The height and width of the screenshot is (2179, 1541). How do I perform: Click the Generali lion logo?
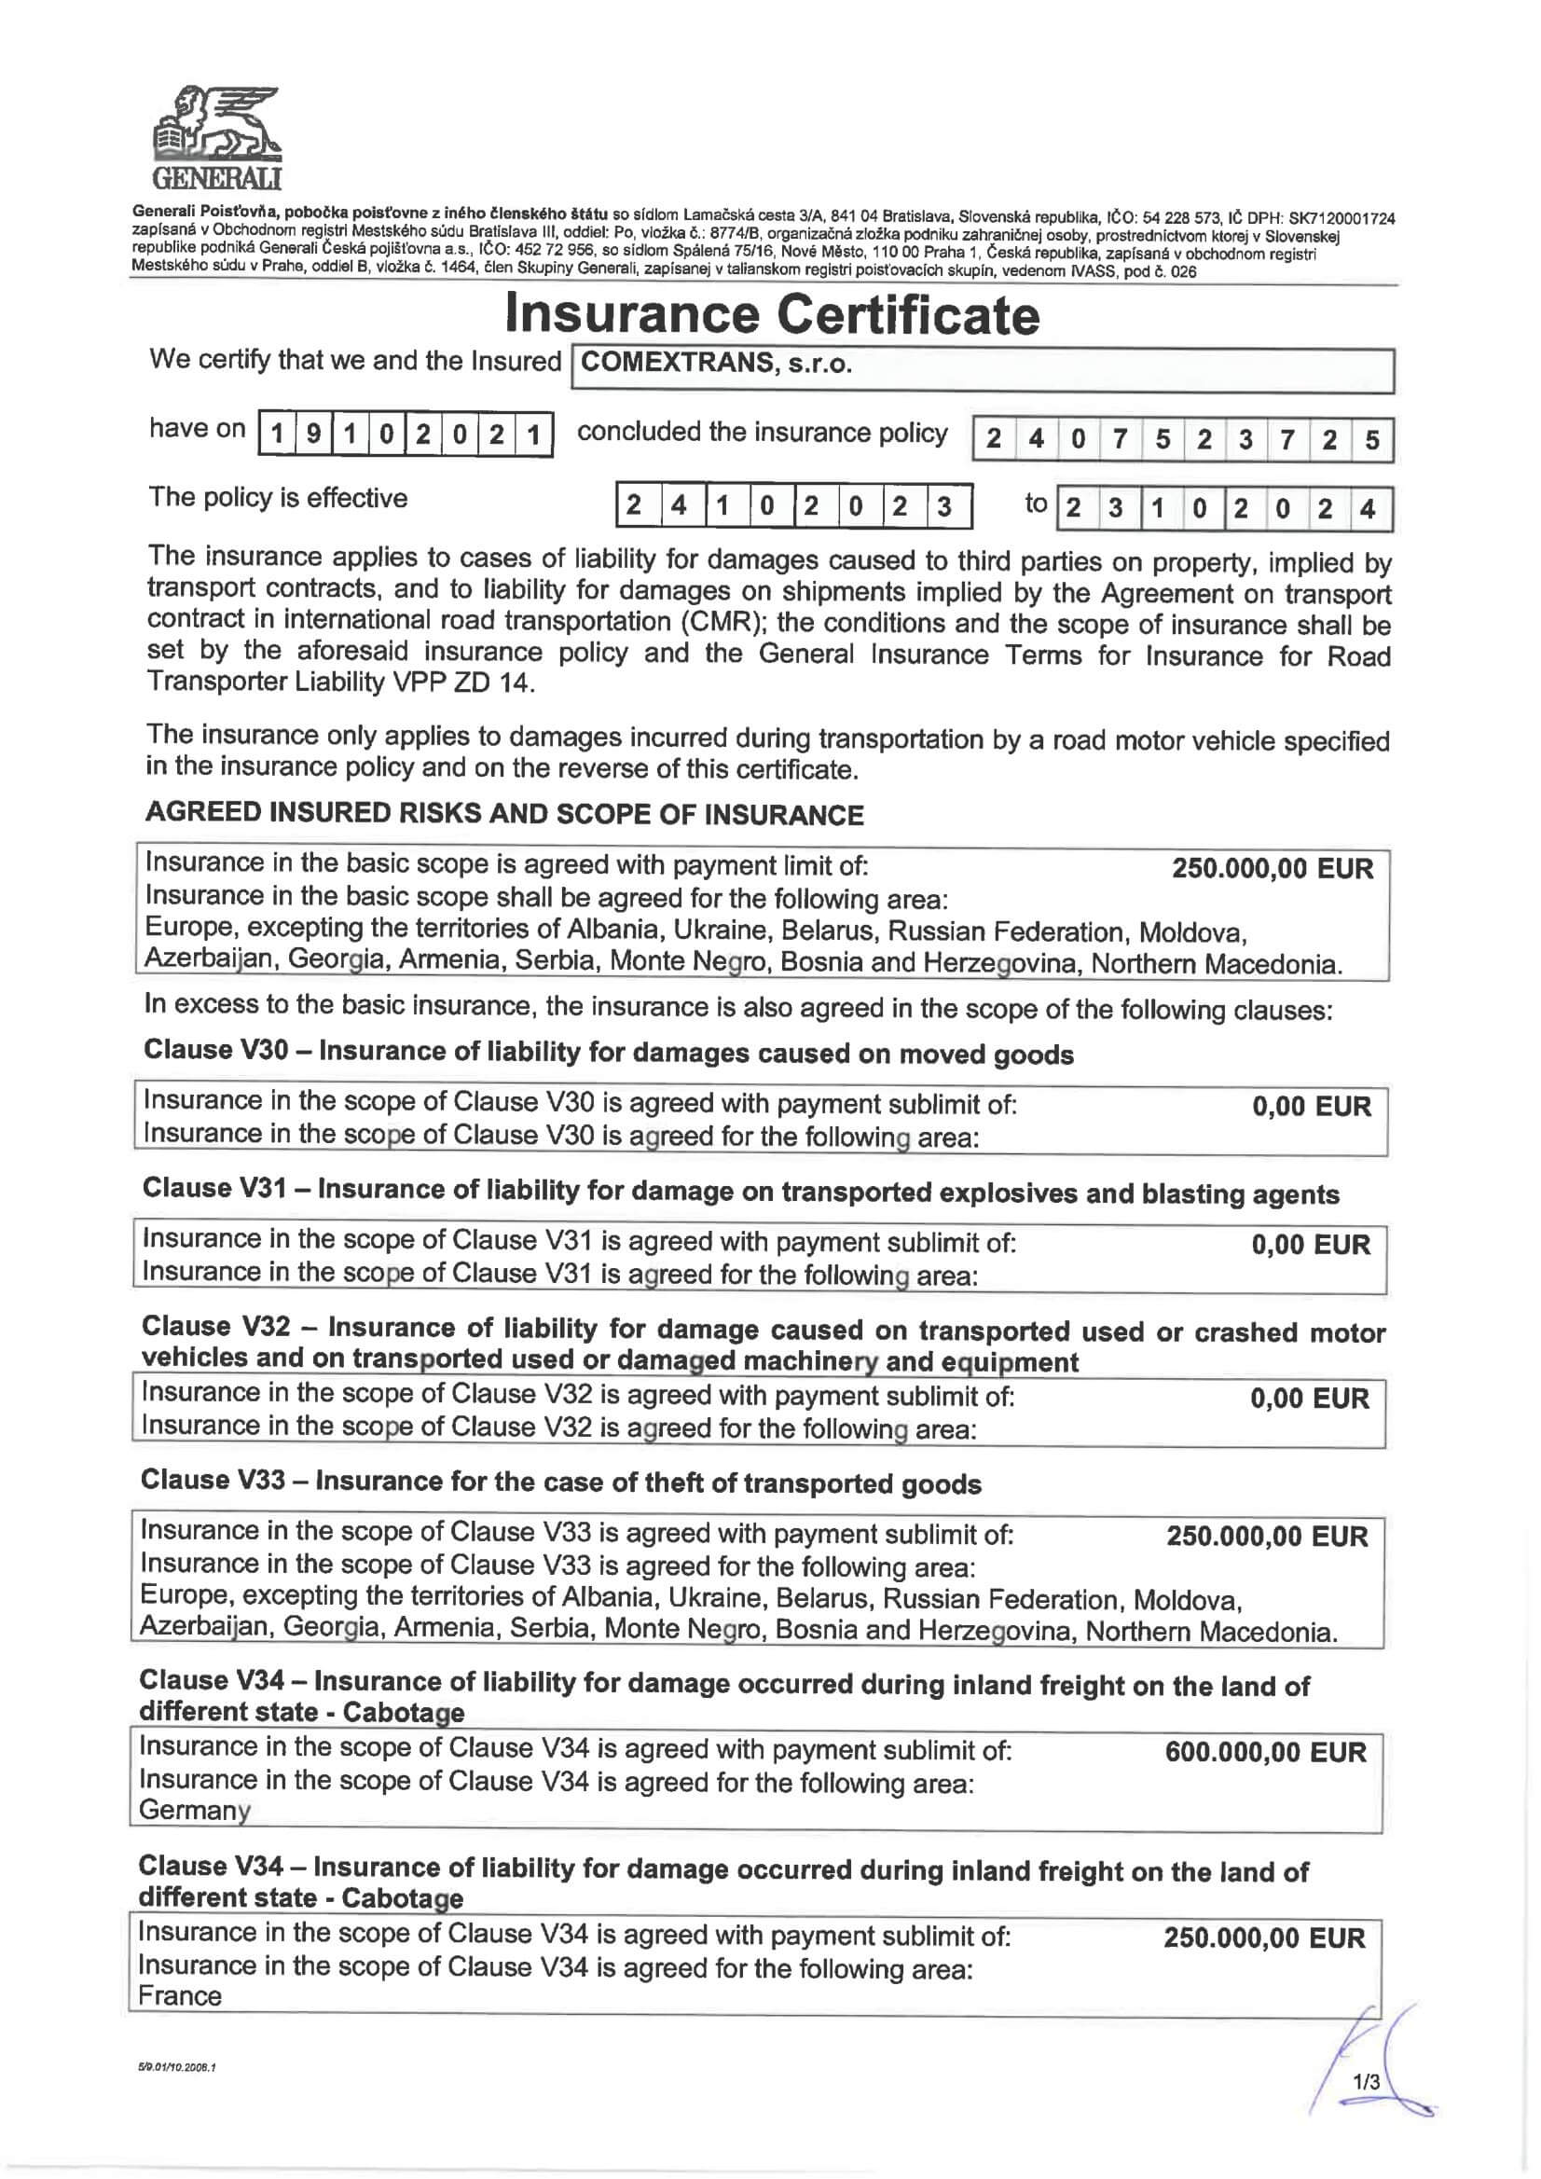pos(217,136)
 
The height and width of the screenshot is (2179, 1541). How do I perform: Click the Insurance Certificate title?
pos(772,314)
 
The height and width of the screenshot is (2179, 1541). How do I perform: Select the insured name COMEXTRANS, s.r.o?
pos(716,363)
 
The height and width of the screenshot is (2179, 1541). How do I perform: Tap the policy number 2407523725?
pos(1182,439)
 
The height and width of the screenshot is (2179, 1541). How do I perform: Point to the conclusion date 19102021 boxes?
pos(406,434)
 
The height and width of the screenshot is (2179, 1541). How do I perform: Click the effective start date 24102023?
pos(793,506)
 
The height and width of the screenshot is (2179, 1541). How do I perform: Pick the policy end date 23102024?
pos(1223,509)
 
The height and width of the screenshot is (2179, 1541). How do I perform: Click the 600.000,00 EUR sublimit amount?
pos(1265,1752)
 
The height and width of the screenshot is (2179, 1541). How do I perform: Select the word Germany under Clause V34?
pos(195,1810)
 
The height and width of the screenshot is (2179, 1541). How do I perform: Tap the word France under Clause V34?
pos(180,1996)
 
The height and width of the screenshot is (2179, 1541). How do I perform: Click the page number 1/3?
pos(1367,2082)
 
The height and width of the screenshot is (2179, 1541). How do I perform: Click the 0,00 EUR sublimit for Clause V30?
pos(1312,1106)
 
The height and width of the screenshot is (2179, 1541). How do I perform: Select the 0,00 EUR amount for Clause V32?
pos(1310,1398)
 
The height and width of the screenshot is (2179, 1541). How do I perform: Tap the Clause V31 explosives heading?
pos(740,1191)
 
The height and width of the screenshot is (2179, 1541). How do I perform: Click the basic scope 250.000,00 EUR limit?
pos(1272,868)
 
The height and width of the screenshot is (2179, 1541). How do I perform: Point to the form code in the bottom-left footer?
pos(176,2067)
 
